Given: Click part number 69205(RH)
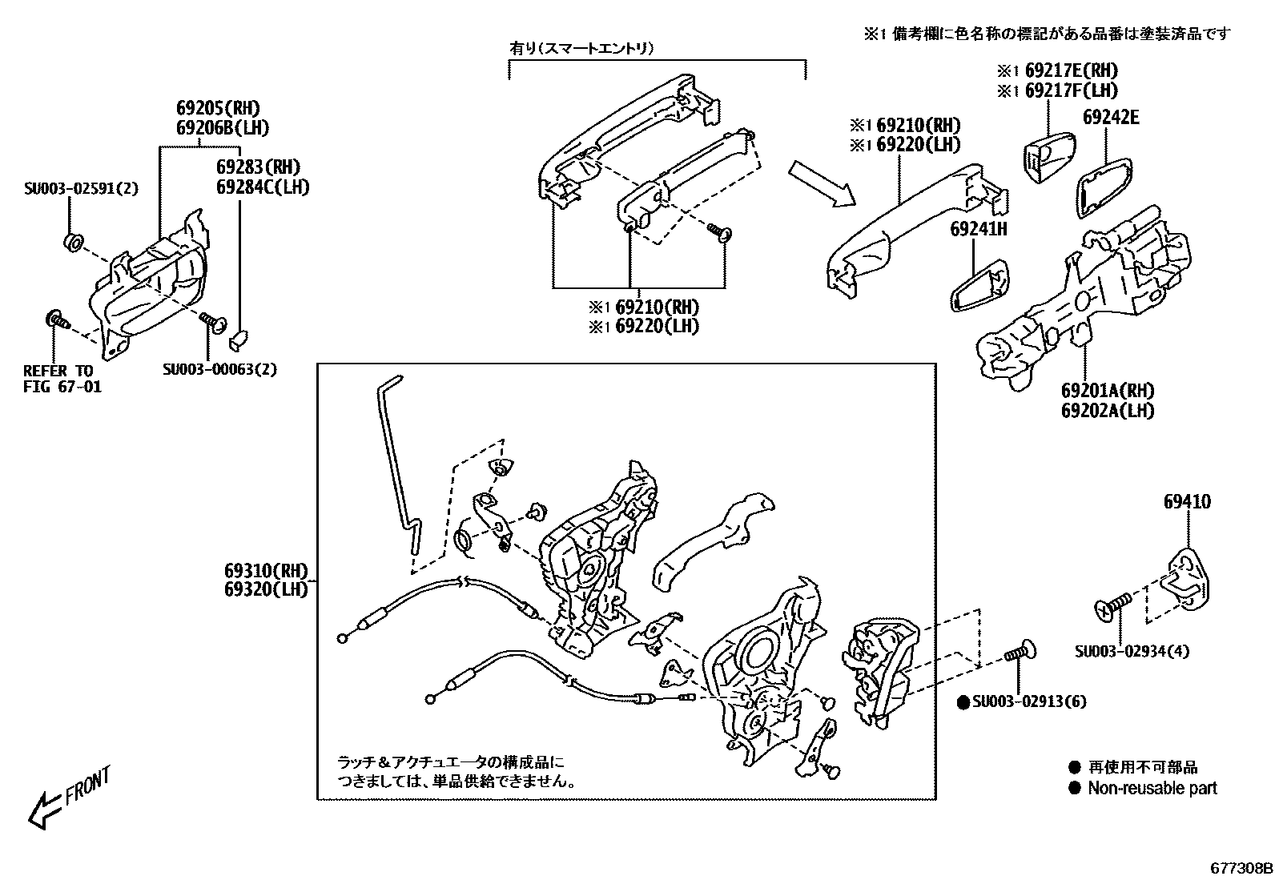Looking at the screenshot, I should click(x=218, y=109).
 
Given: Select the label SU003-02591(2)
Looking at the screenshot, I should click(x=80, y=189).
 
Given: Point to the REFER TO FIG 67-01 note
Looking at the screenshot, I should click(x=62, y=380).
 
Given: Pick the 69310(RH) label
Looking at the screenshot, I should click(x=266, y=571).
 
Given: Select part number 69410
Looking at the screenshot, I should click(x=1187, y=503).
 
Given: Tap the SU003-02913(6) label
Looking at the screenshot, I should click(x=1029, y=702).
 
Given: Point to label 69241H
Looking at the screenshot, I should click(x=978, y=229).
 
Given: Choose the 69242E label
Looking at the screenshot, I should click(x=1111, y=118).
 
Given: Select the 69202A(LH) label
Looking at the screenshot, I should click(x=1108, y=411).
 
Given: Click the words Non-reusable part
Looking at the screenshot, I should click(x=1152, y=788).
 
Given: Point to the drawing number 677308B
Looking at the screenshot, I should click(x=1241, y=868).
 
